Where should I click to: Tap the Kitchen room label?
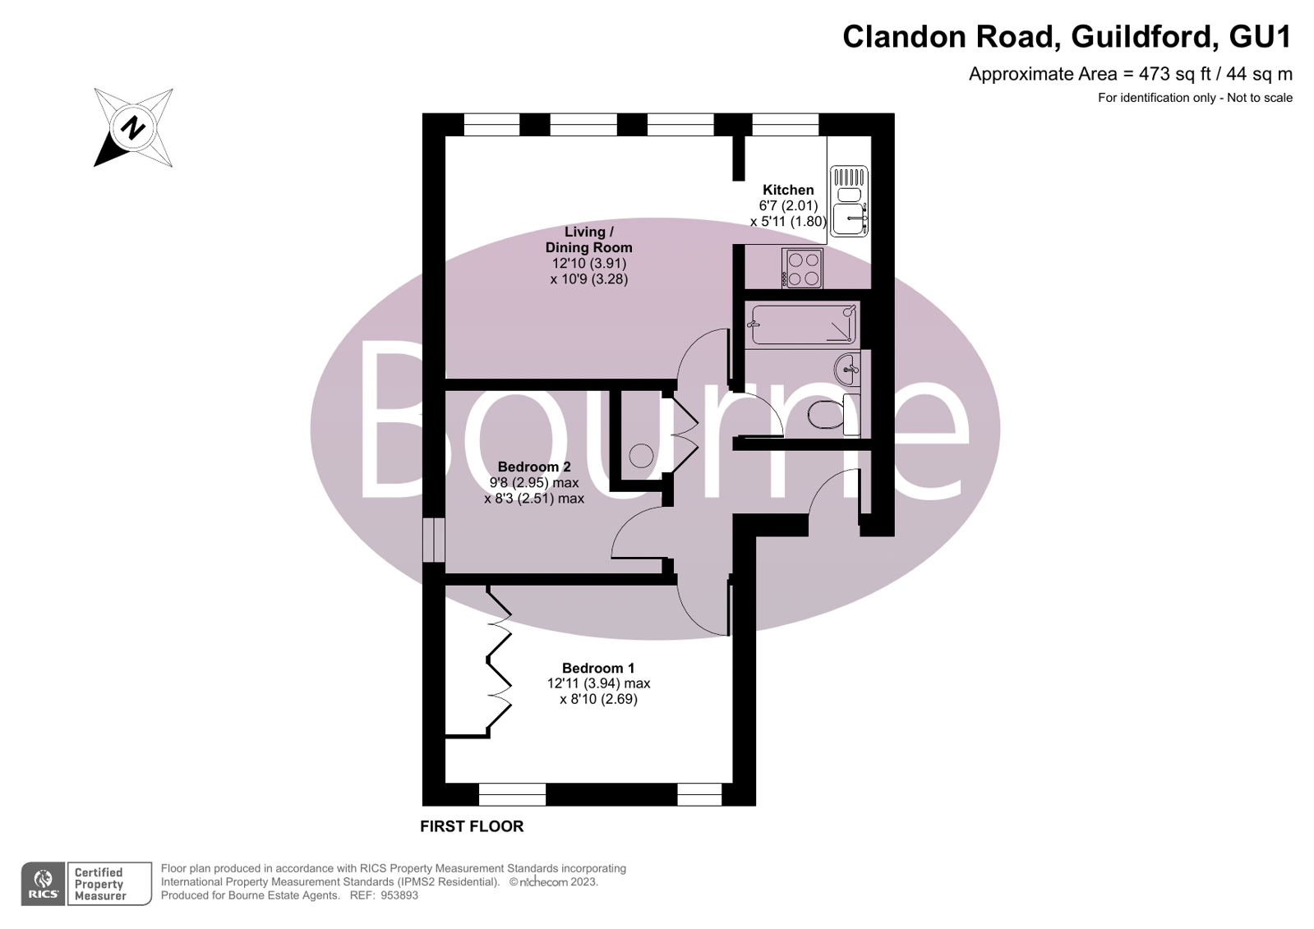[788, 190]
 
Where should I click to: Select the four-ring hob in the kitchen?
[803, 268]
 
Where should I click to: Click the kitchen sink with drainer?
[849, 201]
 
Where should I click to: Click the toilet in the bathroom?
[833, 415]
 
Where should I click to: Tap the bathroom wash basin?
[846, 370]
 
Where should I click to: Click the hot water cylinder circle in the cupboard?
[641, 456]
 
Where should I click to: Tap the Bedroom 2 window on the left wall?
[434, 540]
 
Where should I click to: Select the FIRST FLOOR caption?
[472, 826]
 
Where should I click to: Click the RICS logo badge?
[43, 884]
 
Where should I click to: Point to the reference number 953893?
[399, 895]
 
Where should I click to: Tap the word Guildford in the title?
[1141, 37]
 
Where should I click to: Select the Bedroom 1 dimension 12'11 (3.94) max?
[598, 683]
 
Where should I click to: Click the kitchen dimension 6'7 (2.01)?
[788, 206]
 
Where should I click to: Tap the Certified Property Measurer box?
[109, 884]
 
